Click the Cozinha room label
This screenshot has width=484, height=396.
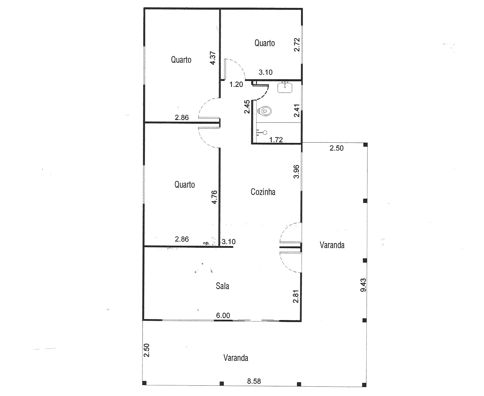coord(263,192)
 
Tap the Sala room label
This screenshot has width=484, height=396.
coord(222,286)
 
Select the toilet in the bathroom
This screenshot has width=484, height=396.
coord(265,111)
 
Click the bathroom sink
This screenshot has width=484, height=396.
coord(285,87)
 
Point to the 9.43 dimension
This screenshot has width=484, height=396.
coord(363,285)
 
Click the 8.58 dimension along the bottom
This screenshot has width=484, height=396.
coord(254,381)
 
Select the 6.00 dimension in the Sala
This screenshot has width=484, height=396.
coord(223,315)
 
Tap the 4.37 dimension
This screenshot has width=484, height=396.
coord(213,58)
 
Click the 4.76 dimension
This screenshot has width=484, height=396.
coord(214,197)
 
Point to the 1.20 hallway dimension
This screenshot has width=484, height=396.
coord(236,85)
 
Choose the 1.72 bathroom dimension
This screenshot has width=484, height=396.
coord(276,140)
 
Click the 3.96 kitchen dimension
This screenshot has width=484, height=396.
coord(296,172)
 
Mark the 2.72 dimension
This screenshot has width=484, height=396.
coord(297,44)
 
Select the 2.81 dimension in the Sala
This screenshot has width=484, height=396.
coord(296,297)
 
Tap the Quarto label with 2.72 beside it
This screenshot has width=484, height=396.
coord(265,43)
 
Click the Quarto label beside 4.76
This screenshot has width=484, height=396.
coord(185,185)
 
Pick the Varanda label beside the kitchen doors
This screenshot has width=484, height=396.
coord(332,245)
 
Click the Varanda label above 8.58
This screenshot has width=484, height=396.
coord(236,358)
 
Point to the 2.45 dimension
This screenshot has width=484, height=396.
coord(247,106)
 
